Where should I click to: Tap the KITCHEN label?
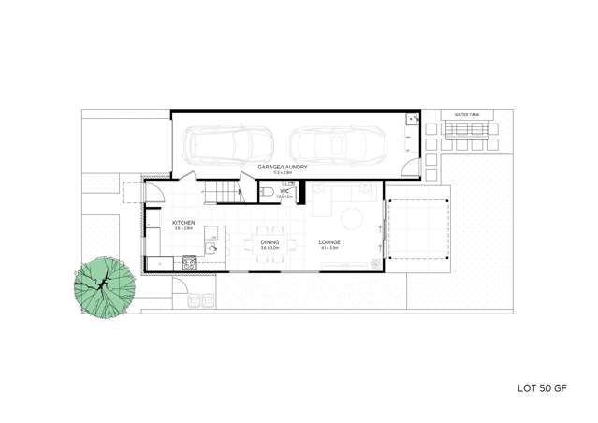pyautogui.click(x=182, y=222)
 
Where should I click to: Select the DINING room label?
pyautogui.click(x=270, y=241)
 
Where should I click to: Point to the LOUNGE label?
pyautogui.click(x=328, y=241)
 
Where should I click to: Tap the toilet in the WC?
pyautogui.click(x=268, y=193)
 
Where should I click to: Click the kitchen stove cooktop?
pyautogui.click(x=189, y=263)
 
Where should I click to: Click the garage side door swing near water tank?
pyautogui.click(x=408, y=167)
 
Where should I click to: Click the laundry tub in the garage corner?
pyautogui.click(x=410, y=121)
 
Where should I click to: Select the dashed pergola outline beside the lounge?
pyautogui.click(x=417, y=229)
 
